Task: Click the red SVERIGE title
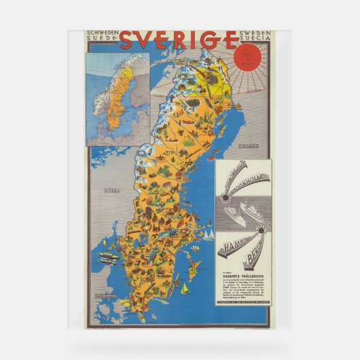click(x=179, y=41)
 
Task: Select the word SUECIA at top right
click(x=255, y=39)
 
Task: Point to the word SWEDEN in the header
click(x=255, y=33)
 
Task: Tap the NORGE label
click(x=112, y=192)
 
